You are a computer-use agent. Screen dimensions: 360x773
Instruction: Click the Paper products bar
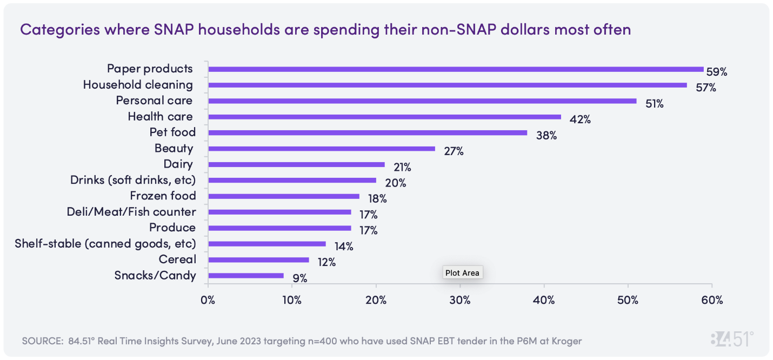tap(456, 69)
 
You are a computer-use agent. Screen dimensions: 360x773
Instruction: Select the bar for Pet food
tap(368, 132)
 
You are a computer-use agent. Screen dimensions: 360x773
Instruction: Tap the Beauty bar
tap(322, 148)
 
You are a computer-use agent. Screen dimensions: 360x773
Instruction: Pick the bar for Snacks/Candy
tap(246, 276)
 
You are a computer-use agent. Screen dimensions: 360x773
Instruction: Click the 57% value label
tap(705, 88)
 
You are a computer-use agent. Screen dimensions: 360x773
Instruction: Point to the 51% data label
tap(655, 104)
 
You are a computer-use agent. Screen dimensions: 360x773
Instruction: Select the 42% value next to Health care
tap(581, 119)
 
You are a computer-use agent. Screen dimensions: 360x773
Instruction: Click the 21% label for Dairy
tap(403, 167)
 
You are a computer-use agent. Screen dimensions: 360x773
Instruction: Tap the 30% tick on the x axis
tap(460, 301)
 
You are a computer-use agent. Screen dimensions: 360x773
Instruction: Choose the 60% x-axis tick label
tap(712, 301)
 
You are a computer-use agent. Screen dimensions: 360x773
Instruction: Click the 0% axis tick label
tap(208, 301)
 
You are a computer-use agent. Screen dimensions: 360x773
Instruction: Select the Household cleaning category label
tap(138, 85)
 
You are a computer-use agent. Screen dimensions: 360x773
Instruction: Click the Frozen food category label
tap(163, 196)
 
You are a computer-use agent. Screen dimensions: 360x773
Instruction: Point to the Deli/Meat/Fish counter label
tap(131, 212)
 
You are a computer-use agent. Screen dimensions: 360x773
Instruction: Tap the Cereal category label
tap(177, 259)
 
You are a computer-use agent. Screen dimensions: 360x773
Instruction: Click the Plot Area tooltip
tap(462, 273)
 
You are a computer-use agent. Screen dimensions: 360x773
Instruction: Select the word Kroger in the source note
tap(567, 341)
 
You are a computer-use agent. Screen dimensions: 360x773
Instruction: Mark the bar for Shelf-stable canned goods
tap(267, 244)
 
